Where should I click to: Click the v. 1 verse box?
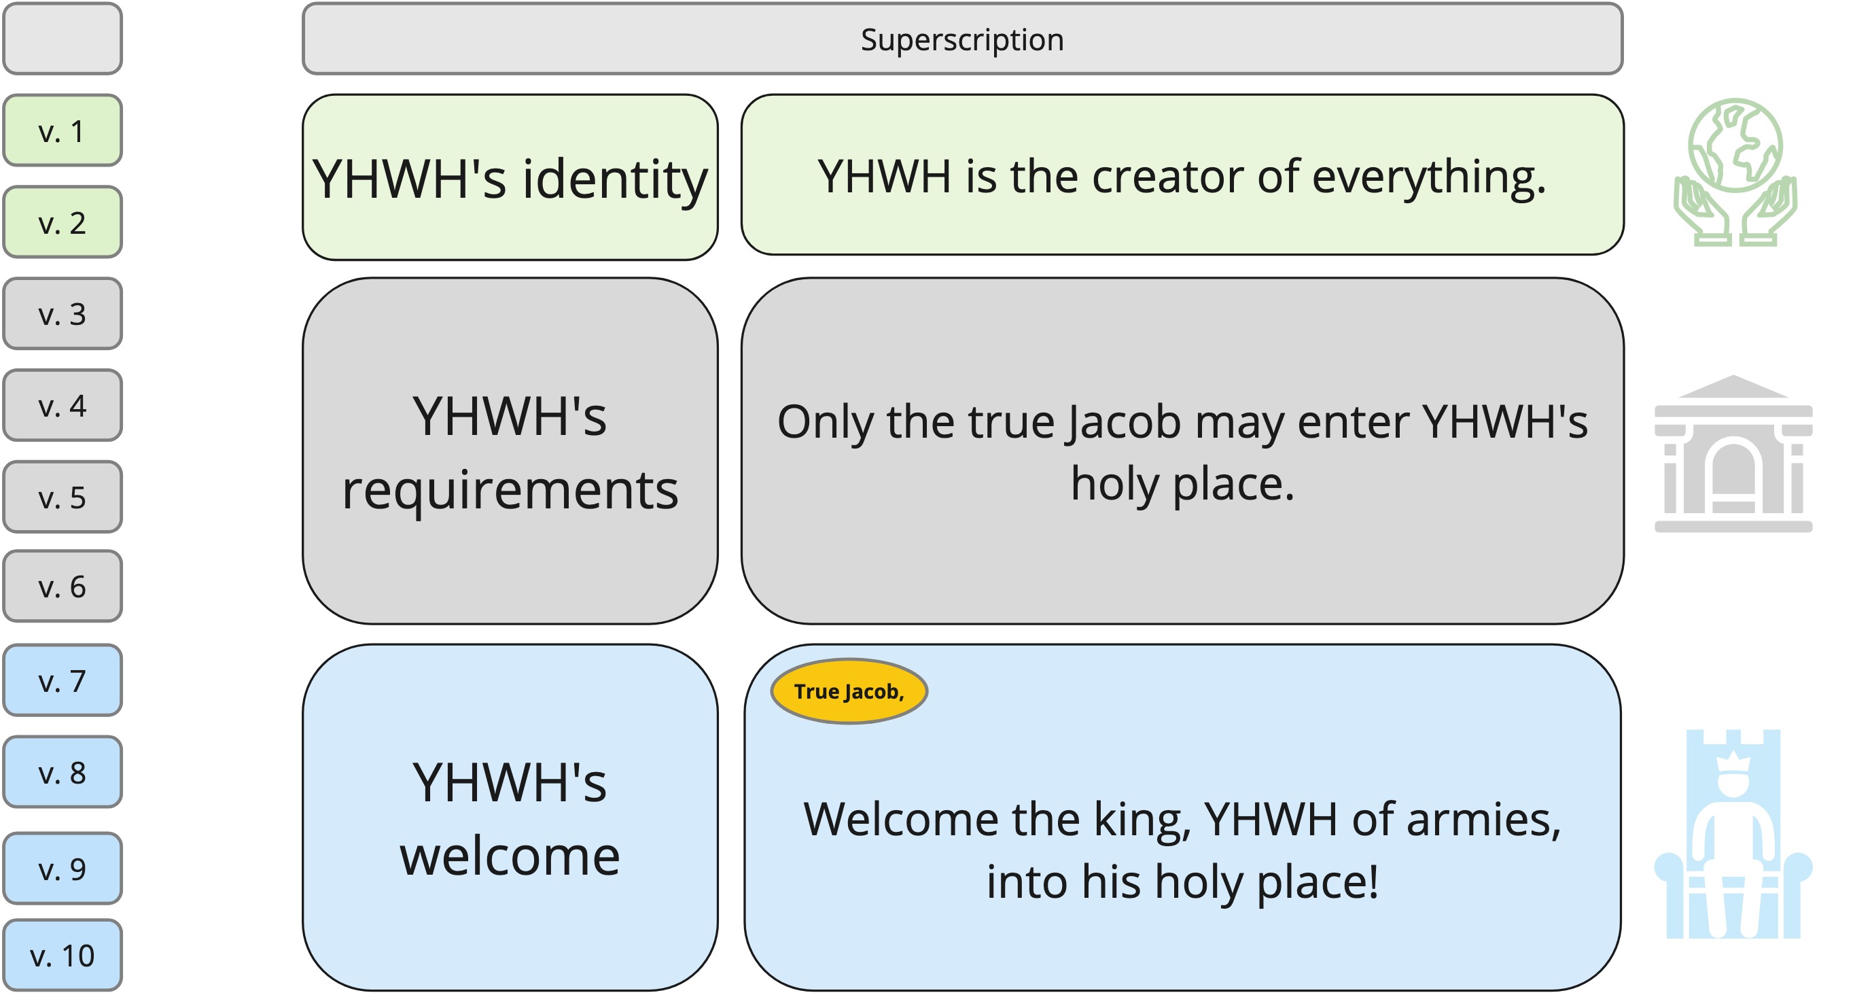click(x=63, y=130)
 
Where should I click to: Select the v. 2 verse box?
click(x=63, y=222)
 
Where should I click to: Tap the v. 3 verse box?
click(x=63, y=313)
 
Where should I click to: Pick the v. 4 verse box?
click(x=63, y=405)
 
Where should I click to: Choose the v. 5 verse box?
click(x=63, y=496)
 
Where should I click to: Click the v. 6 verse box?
click(x=63, y=586)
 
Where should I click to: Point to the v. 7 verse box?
click(x=63, y=680)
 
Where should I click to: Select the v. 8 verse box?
click(x=63, y=771)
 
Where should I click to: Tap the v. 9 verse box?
click(x=63, y=868)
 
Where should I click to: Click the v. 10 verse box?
click(x=63, y=955)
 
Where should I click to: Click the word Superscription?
click(x=962, y=40)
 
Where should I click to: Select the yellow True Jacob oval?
click(x=849, y=691)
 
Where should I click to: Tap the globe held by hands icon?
click(x=1734, y=171)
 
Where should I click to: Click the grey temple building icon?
click(x=1733, y=454)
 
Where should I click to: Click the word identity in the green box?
click(x=615, y=180)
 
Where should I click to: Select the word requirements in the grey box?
click(x=510, y=490)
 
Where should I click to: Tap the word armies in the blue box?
click(x=1483, y=819)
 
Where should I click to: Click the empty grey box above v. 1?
click(x=63, y=38)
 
